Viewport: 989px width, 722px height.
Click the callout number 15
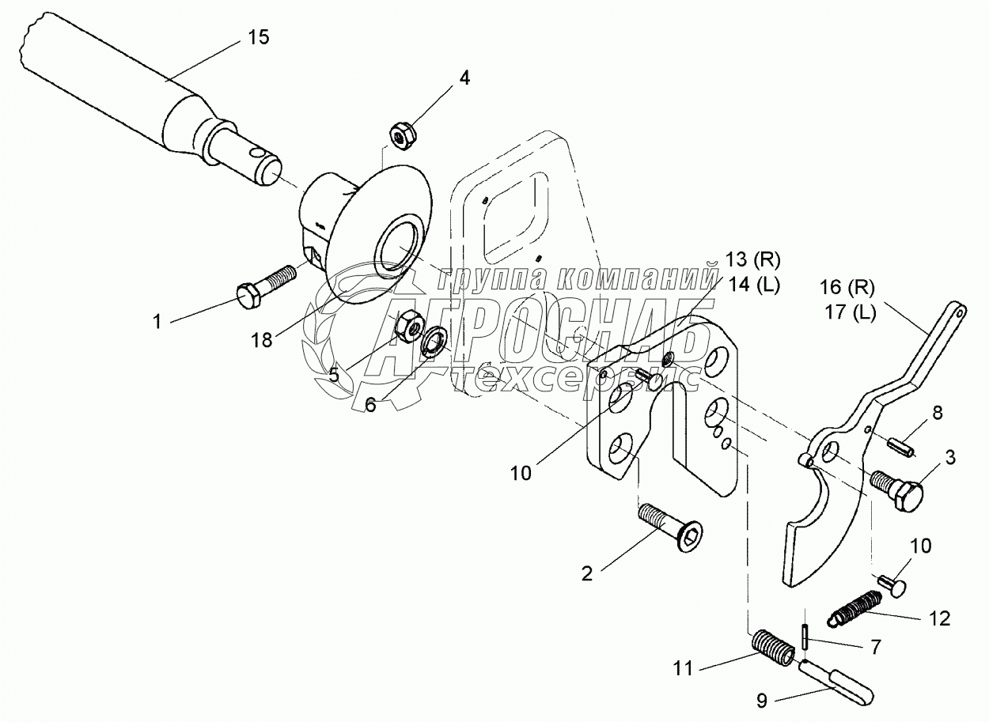(259, 37)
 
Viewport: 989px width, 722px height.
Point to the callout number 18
(262, 340)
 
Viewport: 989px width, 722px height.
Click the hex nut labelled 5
(408, 326)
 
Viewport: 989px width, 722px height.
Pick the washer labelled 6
(433, 342)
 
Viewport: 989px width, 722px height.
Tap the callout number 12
(940, 618)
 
